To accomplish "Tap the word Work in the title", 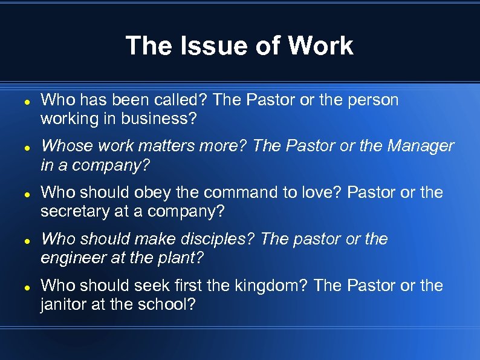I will (x=321, y=46).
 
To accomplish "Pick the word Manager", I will (x=421, y=146).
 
